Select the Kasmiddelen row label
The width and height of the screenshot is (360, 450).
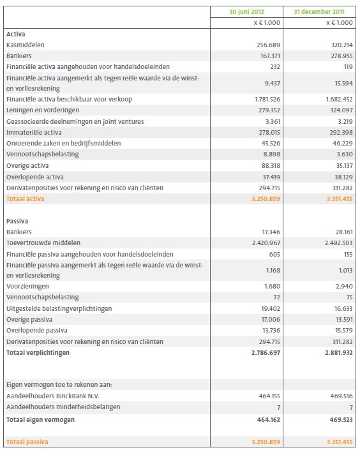[25, 45]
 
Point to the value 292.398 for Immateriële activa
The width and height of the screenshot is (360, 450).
[339, 133]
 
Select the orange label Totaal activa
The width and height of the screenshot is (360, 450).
[26, 199]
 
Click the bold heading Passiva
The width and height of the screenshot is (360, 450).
[17, 221]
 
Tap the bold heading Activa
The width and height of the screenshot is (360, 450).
[15, 33]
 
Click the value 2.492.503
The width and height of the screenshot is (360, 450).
[336, 243]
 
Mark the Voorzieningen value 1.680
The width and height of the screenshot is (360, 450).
[272, 287]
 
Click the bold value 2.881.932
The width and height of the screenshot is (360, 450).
[336, 352]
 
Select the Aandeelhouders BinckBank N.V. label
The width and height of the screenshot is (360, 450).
[50, 396]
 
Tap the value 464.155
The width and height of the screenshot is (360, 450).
[267, 396]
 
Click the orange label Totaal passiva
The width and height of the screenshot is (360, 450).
[27, 442]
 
